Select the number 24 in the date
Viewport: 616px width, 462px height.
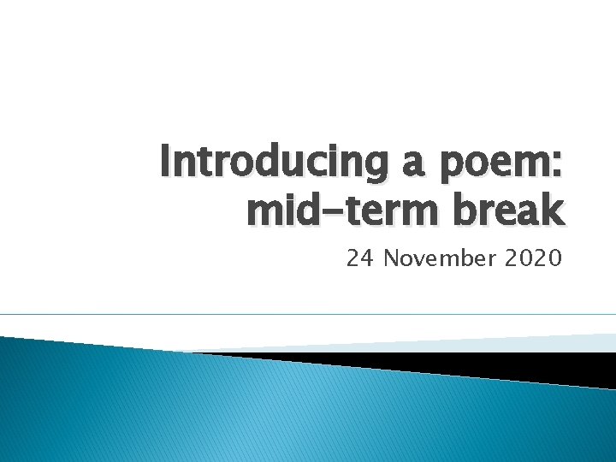point(360,257)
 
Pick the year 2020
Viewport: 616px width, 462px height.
point(535,257)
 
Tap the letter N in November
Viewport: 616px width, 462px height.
point(391,257)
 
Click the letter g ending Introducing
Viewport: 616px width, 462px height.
point(356,169)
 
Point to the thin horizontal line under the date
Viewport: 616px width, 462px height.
point(308,315)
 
